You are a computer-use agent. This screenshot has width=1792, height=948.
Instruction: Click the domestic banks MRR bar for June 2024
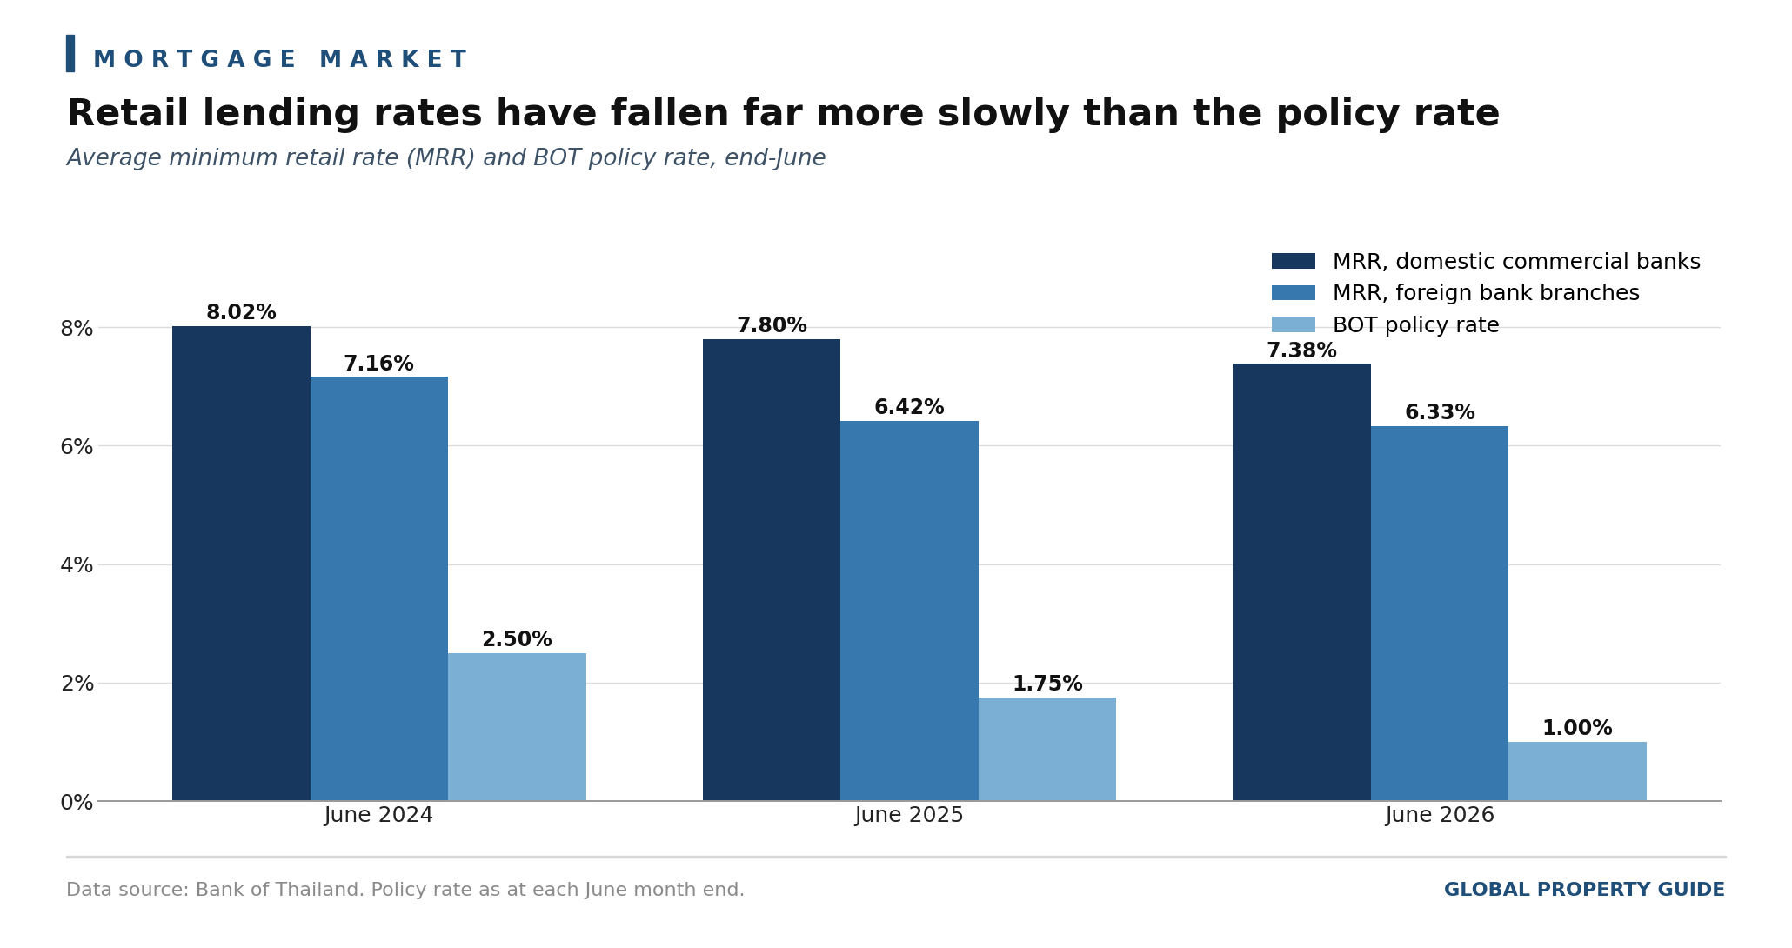pyautogui.click(x=241, y=564)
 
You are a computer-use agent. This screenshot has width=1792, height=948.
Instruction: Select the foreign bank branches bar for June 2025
pyautogui.click(x=909, y=611)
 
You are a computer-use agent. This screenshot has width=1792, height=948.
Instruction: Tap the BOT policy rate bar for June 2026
pyautogui.click(x=1577, y=771)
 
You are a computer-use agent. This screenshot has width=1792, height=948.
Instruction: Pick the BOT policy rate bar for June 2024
pyautogui.click(x=517, y=727)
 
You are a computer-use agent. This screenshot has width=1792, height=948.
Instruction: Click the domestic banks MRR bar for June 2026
pyautogui.click(x=1301, y=582)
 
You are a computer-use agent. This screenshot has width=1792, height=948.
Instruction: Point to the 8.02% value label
pyautogui.click(x=241, y=313)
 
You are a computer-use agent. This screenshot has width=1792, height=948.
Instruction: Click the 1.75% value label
pyautogui.click(x=1047, y=684)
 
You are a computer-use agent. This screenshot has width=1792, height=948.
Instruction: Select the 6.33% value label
pyautogui.click(x=1440, y=413)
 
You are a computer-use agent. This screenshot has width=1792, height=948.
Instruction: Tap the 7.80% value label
pyautogui.click(x=772, y=326)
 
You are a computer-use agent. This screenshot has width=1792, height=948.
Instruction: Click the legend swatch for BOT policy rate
pyautogui.click(x=1294, y=325)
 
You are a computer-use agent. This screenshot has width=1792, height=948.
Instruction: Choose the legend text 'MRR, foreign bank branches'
pyautogui.click(x=1486, y=294)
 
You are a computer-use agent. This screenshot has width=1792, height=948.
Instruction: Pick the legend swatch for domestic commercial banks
pyautogui.click(x=1294, y=262)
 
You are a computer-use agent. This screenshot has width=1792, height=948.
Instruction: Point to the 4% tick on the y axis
pyautogui.click(x=77, y=565)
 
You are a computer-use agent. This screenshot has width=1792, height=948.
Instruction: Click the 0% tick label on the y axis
pyautogui.click(x=77, y=802)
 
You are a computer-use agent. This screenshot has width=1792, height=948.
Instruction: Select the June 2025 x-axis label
pyautogui.click(x=909, y=816)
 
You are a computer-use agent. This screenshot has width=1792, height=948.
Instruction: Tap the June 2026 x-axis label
pyautogui.click(x=1440, y=816)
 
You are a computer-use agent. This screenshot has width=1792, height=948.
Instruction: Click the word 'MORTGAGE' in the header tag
pyautogui.click(x=195, y=60)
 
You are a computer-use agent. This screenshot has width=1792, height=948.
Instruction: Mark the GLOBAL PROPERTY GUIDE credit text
pyautogui.click(x=1584, y=891)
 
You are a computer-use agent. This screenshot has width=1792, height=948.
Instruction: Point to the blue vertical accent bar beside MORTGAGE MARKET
pyautogui.click(x=70, y=54)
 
